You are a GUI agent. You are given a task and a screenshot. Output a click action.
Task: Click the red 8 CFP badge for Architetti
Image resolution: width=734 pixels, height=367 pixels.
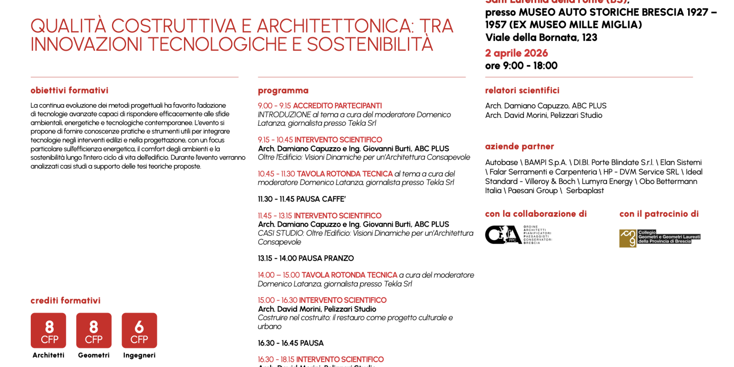(x=48, y=331)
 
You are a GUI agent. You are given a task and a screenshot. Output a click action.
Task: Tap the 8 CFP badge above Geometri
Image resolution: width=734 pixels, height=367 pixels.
(x=94, y=331)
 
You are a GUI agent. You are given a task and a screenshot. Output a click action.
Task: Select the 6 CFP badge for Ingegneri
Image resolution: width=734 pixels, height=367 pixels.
(x=139, y=331)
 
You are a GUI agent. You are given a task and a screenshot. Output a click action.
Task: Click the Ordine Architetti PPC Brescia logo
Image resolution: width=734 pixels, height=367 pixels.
(x=518, y=235)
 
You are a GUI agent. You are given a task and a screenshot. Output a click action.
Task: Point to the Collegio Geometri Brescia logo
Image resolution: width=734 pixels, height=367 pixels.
(x=660, y=238)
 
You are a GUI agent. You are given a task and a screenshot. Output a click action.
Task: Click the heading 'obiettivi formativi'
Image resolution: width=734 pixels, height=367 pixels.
(x=69, y=90)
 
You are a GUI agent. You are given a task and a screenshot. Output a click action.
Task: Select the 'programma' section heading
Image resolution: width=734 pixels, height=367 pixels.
(x=283, y=90)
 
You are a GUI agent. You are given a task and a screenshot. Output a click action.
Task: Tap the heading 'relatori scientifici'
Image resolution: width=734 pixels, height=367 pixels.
(x=522, y=90)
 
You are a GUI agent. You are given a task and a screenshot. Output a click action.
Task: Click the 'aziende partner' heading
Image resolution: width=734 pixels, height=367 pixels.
(x=519, y=146)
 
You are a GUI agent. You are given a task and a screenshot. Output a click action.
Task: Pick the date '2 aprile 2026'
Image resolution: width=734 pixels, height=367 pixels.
(x=517, y=53)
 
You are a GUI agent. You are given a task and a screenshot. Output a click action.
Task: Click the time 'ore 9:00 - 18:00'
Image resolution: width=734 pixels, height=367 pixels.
(x=521, y=66)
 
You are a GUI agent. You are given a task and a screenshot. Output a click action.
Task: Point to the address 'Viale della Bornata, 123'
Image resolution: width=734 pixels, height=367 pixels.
(x=541, y=38)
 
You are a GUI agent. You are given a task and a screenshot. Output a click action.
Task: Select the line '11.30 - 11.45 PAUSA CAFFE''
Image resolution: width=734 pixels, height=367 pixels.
(x=301, y=199)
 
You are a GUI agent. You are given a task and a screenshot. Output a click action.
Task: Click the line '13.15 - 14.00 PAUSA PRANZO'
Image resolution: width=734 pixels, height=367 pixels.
(x=306, y=258)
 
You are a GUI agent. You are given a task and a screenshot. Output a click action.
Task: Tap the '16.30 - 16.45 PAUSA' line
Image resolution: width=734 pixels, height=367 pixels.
(x=290, y=343)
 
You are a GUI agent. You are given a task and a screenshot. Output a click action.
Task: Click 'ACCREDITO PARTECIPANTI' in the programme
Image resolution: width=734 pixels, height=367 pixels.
(x=337, y=106)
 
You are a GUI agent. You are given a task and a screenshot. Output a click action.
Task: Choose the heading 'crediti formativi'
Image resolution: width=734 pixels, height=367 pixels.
(x=65, y=300)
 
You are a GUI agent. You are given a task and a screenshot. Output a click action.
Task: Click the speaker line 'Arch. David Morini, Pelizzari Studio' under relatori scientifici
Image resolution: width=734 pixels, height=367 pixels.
(x=544, y=116)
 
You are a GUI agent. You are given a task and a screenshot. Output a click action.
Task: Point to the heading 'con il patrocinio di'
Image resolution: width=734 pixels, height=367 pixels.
(x=659, y=214)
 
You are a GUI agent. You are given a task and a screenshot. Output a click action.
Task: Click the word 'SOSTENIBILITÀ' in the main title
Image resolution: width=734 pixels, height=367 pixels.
(x=370, y=44)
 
